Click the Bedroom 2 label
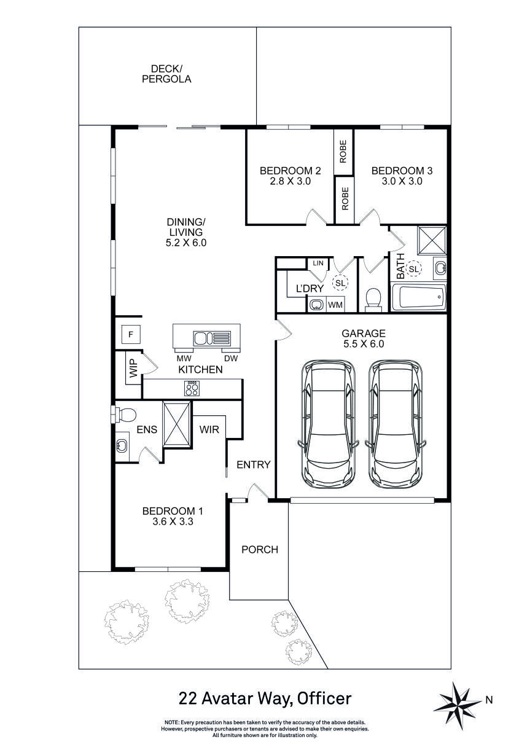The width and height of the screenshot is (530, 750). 290,171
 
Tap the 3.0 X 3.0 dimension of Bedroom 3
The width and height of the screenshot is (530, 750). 402,181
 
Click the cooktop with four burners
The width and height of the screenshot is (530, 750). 192,388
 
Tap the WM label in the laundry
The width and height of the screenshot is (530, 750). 335,305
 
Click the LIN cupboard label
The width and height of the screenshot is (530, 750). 318,263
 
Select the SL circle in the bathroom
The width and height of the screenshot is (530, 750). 413,269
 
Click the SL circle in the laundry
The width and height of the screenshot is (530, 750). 340,283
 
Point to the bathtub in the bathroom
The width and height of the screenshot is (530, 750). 419,297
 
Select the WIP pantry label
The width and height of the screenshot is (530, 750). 133,369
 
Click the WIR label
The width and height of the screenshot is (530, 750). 209,429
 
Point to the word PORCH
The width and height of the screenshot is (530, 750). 260,549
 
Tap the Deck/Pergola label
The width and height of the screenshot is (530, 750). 166,74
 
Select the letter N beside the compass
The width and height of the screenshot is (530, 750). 489,700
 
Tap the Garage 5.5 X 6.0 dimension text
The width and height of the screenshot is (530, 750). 364,344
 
